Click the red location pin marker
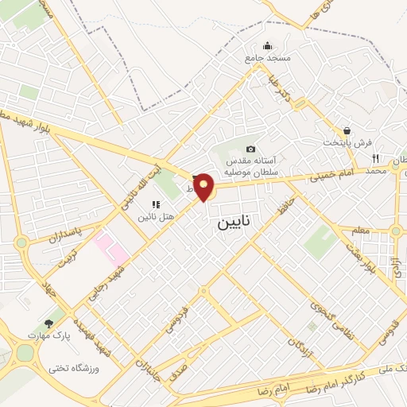204,188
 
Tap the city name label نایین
233,224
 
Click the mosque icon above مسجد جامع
268,45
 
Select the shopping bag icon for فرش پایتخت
347,130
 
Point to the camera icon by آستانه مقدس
251,149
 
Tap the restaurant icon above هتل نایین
156,205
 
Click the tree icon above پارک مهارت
49,324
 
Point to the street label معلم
361,230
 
